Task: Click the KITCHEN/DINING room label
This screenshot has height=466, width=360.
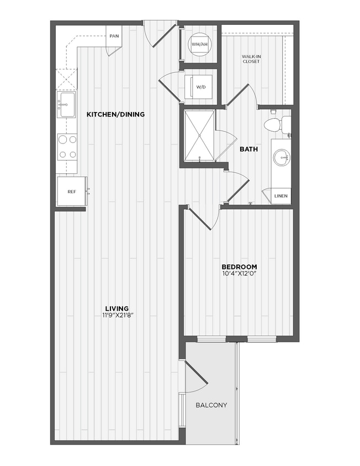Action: [x=115, y=114]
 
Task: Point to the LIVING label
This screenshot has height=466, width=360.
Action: [x=117, y=308]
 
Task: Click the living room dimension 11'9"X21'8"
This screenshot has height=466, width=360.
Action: [x=117, y=315]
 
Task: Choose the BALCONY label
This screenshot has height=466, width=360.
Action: [x=211, y=405]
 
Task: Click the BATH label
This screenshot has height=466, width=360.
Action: [x=246, y=149]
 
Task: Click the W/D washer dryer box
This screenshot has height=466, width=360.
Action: [x=199, y=86]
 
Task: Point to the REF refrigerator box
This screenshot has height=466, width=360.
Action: [x=71, y=191]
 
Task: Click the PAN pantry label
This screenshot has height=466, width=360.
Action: [x=114, y=36]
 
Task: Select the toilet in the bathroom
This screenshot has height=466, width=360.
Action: [x=274, y=125]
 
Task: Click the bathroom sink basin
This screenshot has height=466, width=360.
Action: [x=281, y=158]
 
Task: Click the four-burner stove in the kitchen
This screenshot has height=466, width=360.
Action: [x=67, y=146]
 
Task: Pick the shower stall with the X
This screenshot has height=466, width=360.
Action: [x=199, y=135]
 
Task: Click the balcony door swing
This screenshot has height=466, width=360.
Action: [x=194, y=377]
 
